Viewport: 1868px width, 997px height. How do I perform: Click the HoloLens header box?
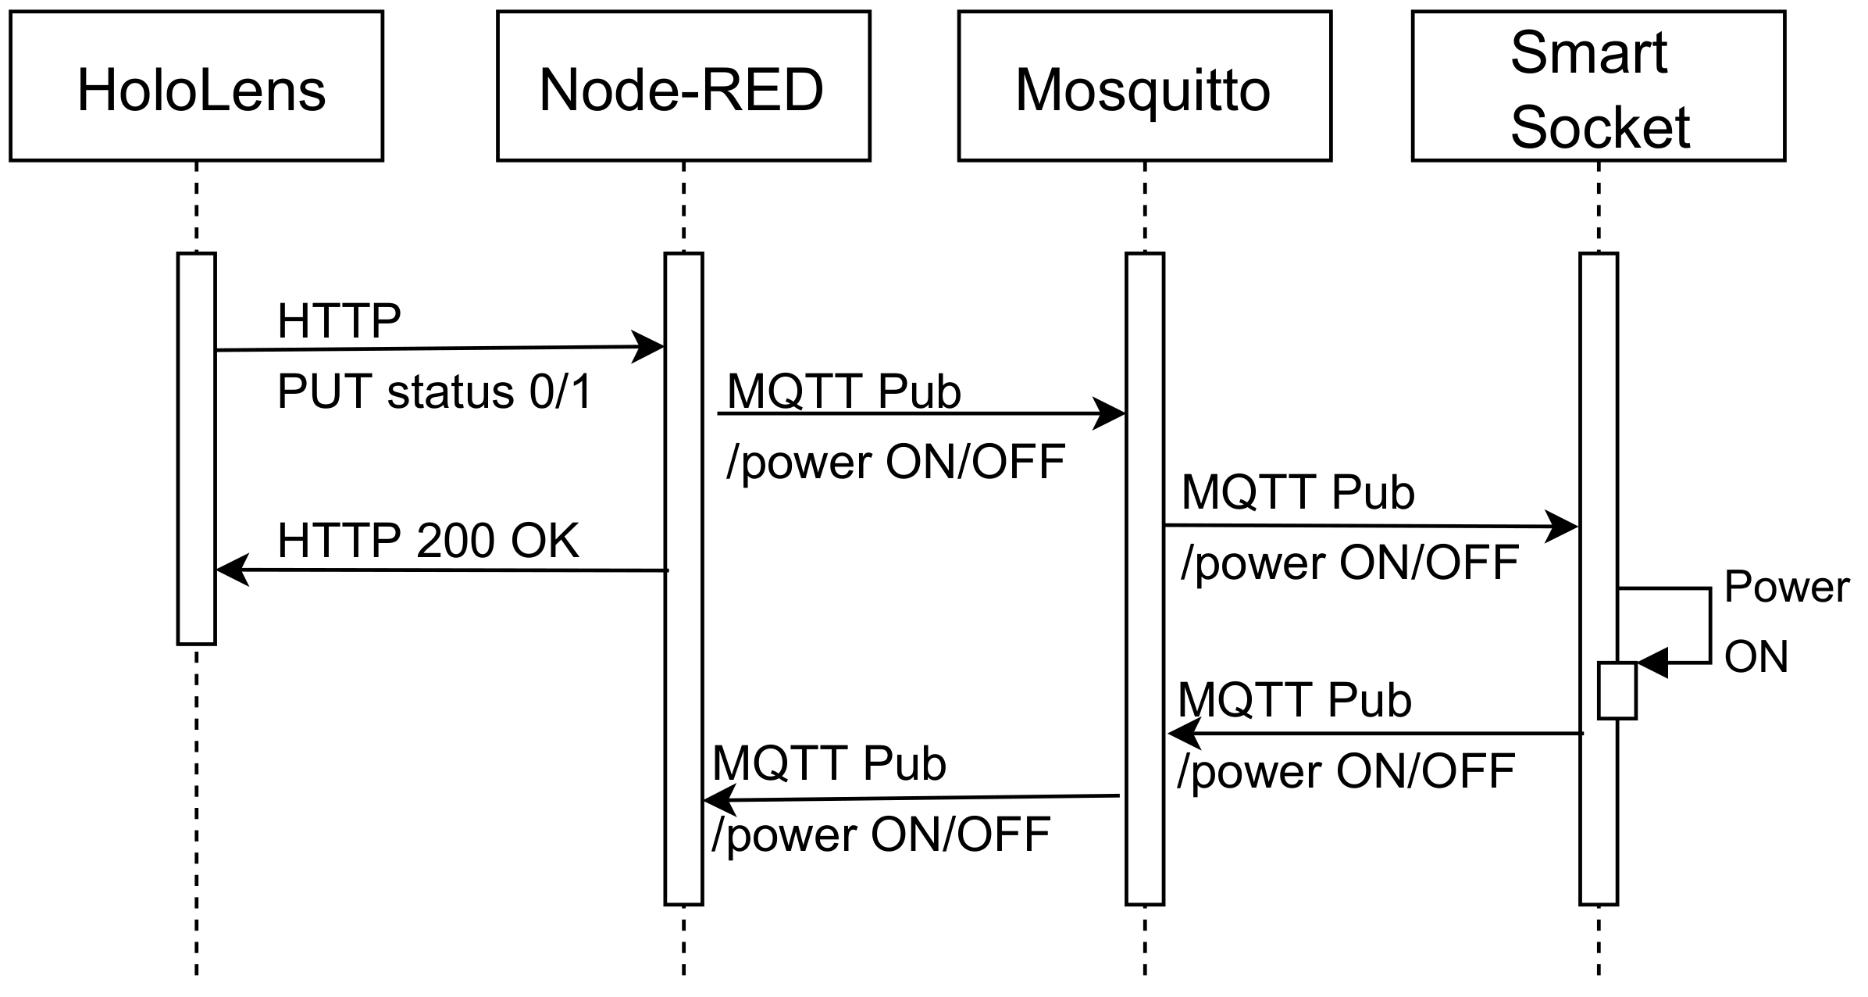(196, 86)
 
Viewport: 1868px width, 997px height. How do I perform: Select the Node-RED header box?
(683, 86)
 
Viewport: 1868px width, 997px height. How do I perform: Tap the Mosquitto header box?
(1144, 86)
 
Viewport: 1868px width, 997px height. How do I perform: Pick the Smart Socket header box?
(1598, 86)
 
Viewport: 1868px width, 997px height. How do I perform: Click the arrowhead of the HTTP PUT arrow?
(648, 347)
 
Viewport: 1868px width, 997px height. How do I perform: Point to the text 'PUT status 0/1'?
(434, 391)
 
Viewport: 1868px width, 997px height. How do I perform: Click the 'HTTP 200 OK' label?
(428, 540)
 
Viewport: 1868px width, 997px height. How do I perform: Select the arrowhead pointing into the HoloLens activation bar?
(231, 570)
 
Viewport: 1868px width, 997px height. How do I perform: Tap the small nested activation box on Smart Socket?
(1617, 690)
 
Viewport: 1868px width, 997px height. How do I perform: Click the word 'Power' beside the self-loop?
(1786, 587)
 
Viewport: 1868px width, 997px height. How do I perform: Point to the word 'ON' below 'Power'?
(1756, 657)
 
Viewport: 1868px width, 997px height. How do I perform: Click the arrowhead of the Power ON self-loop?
(1652, 663)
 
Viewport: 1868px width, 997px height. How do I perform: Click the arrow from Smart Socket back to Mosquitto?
(1374, 734)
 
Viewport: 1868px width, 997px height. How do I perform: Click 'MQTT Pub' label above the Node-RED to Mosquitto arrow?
(843, 391)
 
